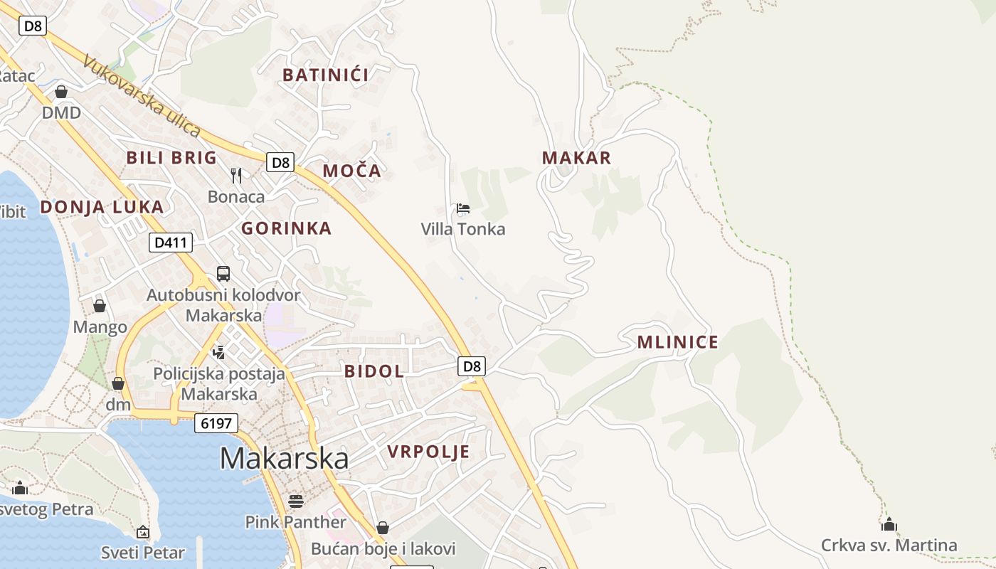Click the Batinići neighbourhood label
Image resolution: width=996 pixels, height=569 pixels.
tap(326, 75)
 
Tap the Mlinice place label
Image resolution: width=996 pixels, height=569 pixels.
tap(677, 342)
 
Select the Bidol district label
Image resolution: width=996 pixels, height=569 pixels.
tap(374, 371)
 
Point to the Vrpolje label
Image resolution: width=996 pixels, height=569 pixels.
tap(428, 452)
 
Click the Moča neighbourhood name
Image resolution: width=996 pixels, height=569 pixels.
tap(352, 171)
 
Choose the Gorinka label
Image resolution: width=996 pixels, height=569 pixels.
tap(286, 228)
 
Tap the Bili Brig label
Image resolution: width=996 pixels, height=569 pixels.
tap(171, 158)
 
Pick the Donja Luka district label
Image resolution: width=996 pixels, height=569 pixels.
tap(102, 207)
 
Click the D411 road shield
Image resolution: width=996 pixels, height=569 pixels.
tap(171, 243)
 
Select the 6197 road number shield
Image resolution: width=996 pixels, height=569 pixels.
tap(216, 423)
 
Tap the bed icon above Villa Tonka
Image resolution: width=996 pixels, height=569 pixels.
tap(463, 208)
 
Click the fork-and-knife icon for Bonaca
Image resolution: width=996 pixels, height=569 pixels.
tap(236, 175)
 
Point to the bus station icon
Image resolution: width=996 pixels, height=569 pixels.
tap(223, 273)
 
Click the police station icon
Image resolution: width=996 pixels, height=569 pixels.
tap(219, 351)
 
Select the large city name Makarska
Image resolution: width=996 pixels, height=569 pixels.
tap(284, 459)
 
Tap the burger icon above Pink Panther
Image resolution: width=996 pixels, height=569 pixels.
tap(296, 501)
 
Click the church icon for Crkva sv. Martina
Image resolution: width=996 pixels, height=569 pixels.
tap(889, 525)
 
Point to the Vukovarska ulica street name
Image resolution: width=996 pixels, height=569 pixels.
tap(141, 97)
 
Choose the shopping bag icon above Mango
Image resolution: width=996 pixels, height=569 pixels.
tap(100, 306)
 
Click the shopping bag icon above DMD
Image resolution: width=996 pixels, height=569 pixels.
tap(61, 92)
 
